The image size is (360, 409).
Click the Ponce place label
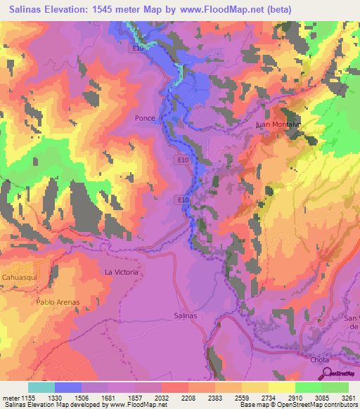click(145, 119)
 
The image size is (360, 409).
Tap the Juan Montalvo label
click(278, 124)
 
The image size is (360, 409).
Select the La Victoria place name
click(122, 272)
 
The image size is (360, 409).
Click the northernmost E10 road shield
click(138, 48)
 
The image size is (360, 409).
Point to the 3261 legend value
click(348, 398)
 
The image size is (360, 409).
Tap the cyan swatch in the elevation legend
click(41, 387)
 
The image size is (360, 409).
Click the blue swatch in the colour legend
click(68, 387)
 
